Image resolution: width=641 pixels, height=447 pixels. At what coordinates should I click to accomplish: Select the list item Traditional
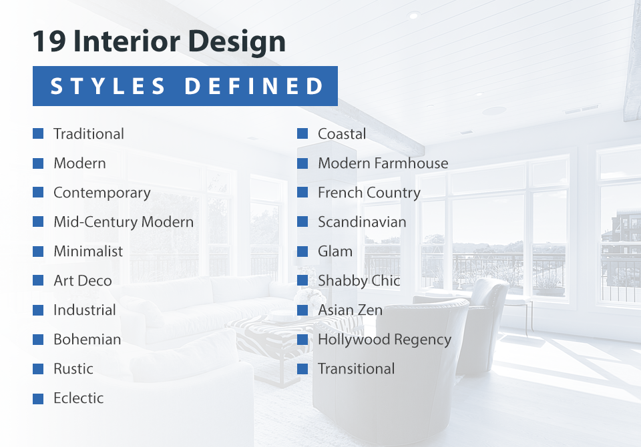click(89, 134)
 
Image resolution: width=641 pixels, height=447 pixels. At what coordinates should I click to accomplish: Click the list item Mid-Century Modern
click(124, 222)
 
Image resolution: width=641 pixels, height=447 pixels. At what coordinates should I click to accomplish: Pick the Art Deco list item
click(83, 281)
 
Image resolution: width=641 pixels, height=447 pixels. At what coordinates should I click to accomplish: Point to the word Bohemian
click(87, 340)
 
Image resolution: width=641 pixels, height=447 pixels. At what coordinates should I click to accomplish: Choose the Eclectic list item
click(79, 398)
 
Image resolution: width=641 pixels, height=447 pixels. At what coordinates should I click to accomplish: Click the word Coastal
click(342, 134)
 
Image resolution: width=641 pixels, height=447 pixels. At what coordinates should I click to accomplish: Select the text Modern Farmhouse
click(383, 163)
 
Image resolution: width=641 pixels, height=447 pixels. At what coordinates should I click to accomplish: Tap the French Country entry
click(369, 193)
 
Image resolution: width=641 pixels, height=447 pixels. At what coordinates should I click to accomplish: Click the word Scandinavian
click(362, 222)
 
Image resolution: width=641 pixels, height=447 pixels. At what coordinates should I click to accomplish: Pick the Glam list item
click(335, 252)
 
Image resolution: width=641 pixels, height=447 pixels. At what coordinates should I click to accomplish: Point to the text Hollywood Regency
click(385, 340)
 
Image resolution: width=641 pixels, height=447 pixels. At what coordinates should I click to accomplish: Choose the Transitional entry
click(356, 369)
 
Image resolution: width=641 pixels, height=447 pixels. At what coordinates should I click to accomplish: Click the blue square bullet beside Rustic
click(38, 369)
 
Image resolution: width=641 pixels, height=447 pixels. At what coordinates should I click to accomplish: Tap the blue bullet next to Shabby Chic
click(302, 281)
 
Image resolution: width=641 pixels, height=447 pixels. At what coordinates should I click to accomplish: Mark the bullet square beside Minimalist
click(38, 252)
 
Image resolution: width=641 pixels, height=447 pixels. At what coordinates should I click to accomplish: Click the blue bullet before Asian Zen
click(302, 310)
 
